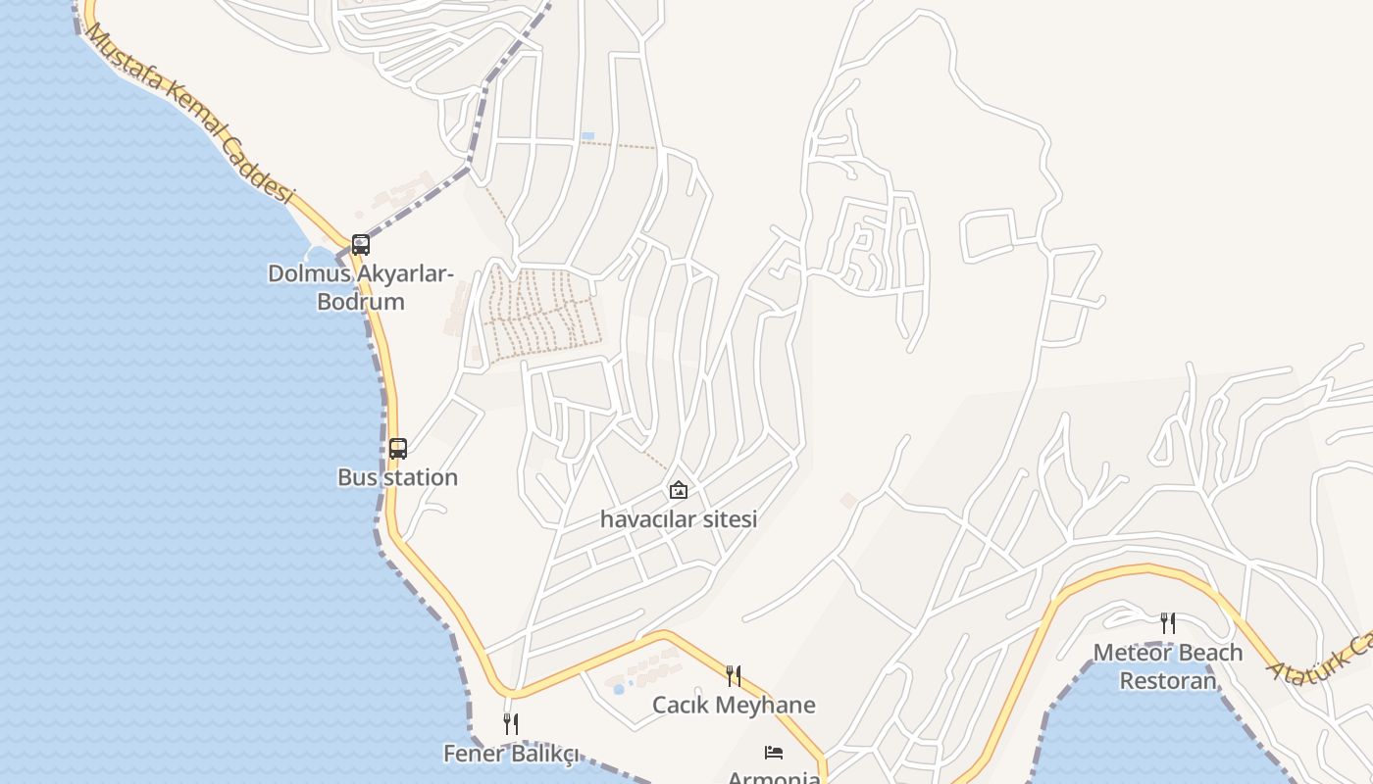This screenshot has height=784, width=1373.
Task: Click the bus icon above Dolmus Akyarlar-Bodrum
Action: tap(361, 244)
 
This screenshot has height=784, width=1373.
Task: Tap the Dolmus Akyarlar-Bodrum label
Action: tap(361, 287)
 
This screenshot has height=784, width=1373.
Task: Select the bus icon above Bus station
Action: tap(397, 449)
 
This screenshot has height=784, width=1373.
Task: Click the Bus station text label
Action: tap(397, 477)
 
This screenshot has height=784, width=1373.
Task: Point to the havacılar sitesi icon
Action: tap(678, 490)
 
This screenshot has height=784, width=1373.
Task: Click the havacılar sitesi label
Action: tap(679, 519)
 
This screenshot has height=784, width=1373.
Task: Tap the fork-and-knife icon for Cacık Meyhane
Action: tap(733, 675)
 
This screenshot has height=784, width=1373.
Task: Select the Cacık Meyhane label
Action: tap(734, 705)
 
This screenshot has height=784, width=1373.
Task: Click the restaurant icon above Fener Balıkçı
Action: tap(510, 724)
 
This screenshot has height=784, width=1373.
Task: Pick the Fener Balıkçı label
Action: tap(511, 754)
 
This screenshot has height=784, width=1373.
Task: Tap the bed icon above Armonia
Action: tap(774, 753)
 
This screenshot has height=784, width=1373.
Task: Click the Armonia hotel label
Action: tap(774, 777)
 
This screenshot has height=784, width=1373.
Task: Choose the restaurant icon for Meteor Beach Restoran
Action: tap(1167, 623)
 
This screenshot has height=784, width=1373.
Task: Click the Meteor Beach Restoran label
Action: tap(1167, 666)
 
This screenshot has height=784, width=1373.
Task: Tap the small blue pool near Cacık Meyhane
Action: tap(618, 689)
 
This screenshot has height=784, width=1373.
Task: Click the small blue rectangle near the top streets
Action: tap(587, 135)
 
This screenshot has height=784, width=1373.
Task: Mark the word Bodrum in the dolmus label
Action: tap(361, 301)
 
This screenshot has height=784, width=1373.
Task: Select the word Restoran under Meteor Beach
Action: tap(1167, 680)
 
